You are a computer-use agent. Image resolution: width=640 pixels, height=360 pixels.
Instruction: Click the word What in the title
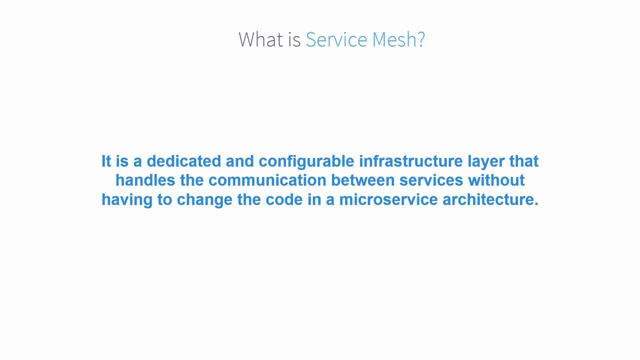coord(261,39)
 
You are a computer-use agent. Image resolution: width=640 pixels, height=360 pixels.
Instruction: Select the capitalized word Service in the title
coord(336,39)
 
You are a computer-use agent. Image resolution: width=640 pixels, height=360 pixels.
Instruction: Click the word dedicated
coord(183,161)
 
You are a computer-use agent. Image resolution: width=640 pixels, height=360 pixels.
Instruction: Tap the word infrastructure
coord(411,161)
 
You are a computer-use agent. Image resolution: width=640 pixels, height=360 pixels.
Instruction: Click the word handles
coord(145,180)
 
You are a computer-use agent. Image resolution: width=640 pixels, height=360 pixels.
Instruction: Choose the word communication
coord(267,180)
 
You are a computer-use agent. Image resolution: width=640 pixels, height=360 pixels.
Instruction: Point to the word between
coord(363,180)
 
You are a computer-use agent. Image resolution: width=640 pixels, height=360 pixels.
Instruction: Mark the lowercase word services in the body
coord(431,180)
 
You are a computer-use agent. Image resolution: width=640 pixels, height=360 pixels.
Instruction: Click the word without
coord(496,180)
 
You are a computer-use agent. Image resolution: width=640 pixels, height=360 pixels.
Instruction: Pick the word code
coord(284,199)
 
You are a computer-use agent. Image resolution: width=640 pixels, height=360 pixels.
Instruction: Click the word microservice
coord(388,199)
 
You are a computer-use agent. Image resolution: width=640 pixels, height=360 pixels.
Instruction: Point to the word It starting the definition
coord(106,161)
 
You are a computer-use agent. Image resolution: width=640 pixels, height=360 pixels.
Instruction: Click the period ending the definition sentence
coord(536,203)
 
